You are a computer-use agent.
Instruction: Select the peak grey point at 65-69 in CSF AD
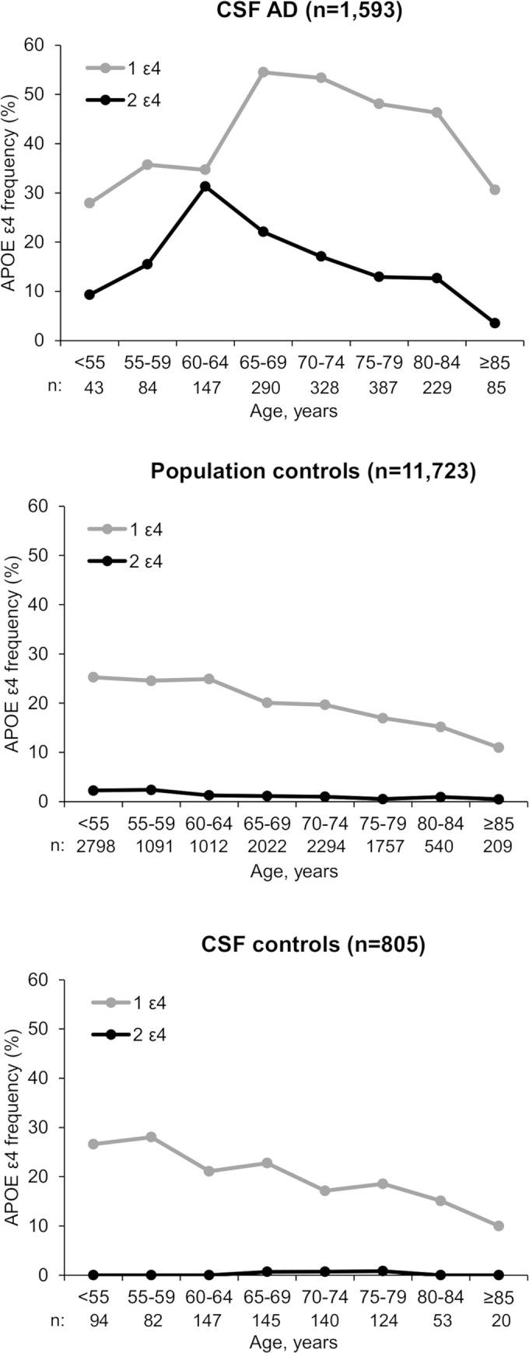tap(263, 72)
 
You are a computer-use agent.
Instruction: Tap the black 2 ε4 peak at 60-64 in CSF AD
tap(205, 187)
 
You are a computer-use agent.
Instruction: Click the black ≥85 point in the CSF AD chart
tap(495, 323)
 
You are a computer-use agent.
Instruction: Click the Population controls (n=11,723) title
tap(312, 472)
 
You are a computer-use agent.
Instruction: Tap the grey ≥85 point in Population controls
tap(495, 747)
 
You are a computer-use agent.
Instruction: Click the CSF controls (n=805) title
tap(312, 945)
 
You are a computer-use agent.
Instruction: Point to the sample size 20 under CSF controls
tap(495, 1320)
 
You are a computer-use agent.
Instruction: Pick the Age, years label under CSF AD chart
tap(293, 411)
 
